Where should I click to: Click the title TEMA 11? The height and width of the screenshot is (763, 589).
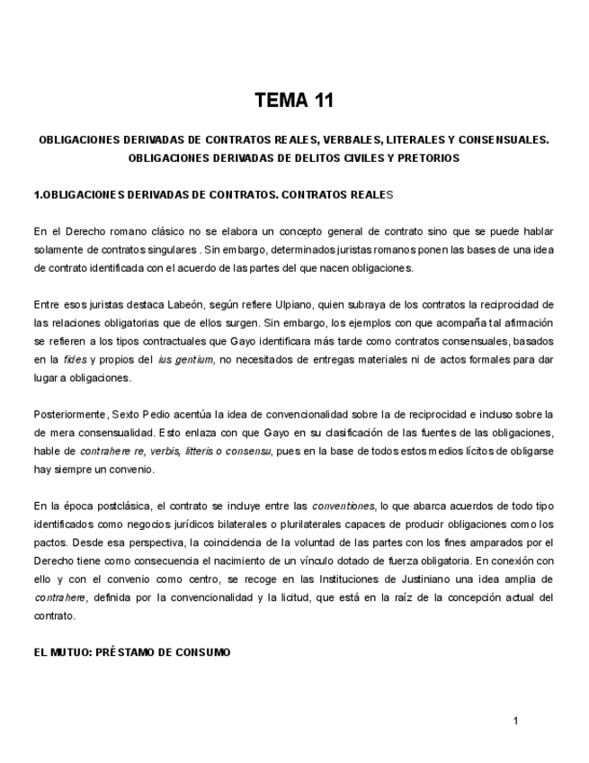(294, 100)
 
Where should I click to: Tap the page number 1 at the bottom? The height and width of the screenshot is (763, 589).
(515, 720)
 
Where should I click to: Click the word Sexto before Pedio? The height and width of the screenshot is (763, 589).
(126, 414)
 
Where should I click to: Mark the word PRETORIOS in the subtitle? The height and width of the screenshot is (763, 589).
(429, 157)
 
